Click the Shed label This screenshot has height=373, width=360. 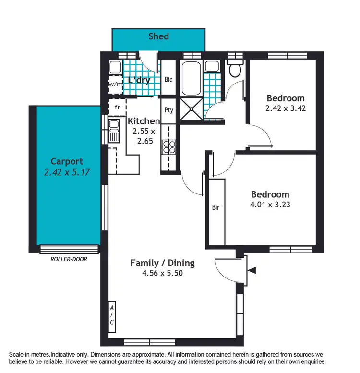(x=158, y=36)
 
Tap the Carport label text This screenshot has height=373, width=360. (x=67, y=161)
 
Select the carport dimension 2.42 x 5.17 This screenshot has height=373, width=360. (x=67, y=171)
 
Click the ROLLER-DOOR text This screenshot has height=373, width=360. (x=69, y=259)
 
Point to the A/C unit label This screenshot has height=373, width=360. (x=111, y=314)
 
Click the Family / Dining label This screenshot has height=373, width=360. (x=162, y=263)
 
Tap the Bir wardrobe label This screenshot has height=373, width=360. (x=216, y=207)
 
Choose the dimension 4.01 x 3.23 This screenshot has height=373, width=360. (x=270, y=204)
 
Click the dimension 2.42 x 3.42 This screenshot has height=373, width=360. (x=286, y=108)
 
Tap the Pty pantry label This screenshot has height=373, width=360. (x=169, y=110)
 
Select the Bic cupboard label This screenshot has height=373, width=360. (x=168, y=80)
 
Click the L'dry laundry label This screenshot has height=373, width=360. (x=139, y=80)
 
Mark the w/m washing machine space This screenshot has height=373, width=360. (x=116, y=84)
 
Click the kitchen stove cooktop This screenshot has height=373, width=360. (x=169, y=146)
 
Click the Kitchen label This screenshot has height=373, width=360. (x=144, y=121)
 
